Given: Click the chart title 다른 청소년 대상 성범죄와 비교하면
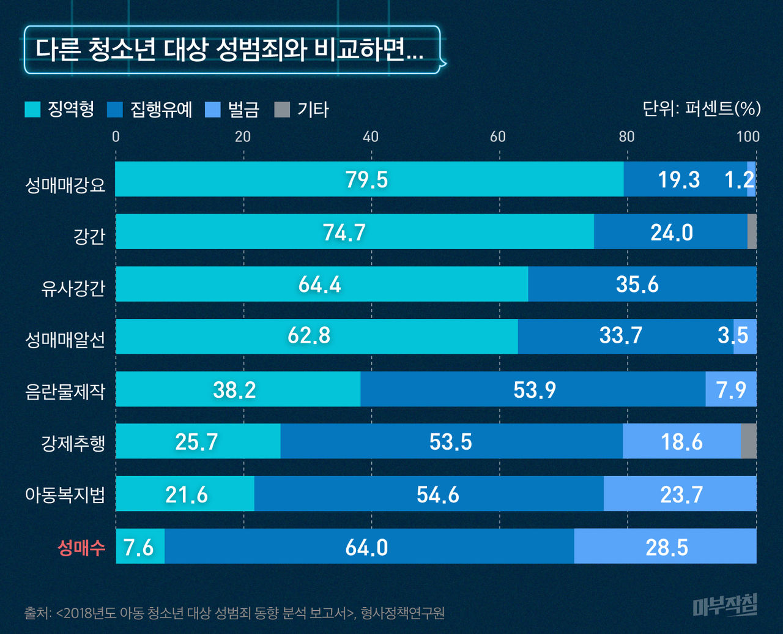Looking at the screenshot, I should click(229, 50).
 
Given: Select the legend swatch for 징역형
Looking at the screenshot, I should click(32, 109).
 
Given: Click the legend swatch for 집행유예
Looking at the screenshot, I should click(115, 109).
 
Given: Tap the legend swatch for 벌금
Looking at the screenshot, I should click(212, 109).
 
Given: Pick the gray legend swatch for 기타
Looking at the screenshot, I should click(281, 109).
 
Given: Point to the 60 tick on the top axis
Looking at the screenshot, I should click(498, 136).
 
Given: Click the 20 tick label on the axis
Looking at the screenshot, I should click(243, 136).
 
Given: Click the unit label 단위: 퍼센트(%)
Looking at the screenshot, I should click(702, 109).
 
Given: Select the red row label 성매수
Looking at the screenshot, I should click(81, 547).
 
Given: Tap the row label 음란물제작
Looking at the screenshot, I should click(65, 390).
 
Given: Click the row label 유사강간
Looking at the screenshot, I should click(73, 286).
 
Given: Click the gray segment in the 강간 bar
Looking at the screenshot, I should click(752, 232).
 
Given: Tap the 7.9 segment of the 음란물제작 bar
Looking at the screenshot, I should click(731, 389).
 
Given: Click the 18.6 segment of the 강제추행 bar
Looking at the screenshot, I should click(681, 441).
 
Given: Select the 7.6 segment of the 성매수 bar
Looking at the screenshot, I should click(139, 546).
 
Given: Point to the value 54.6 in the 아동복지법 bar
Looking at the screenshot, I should click(437, 494).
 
